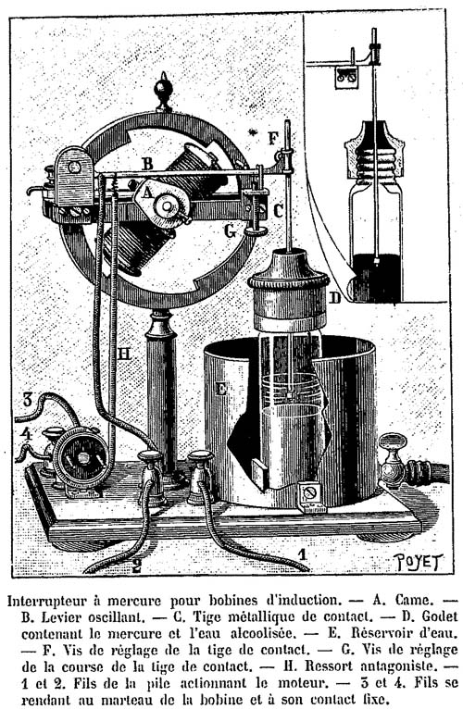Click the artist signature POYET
419,562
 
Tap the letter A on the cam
145,193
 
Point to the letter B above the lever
147,163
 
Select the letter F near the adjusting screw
273,138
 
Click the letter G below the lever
231,231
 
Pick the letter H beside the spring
124,354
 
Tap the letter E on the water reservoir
221,388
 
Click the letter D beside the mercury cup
334,297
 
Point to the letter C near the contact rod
278,210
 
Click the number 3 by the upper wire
28,400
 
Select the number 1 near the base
303,554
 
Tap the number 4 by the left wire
27,434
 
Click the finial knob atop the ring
163,93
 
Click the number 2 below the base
136,565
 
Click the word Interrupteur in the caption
46,601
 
